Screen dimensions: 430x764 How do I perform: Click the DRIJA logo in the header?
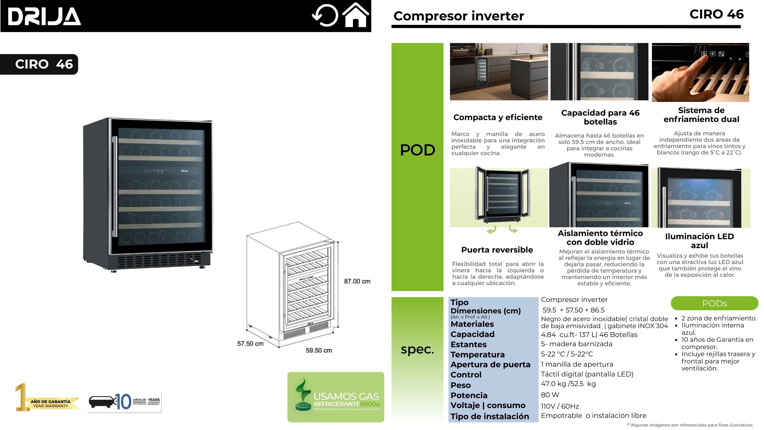click(x=44, y=17)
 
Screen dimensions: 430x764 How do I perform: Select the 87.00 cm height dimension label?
click(x=357, y=281)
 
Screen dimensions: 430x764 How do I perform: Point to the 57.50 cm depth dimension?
click(x=250, y=344)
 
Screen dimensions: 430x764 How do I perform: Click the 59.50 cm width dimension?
click(x=319, y=350)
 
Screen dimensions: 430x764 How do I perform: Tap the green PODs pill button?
click(x=714, y=303)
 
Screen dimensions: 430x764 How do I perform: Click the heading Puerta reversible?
click(x=497, y=250)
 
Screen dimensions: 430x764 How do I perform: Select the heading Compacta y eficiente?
click(x=498, y=117)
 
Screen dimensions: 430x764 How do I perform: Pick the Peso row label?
click(x=460, y=385)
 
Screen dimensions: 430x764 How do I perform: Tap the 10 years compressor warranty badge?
click(x=124, y=402)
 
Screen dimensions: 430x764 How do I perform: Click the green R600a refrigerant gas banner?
click(x=336, y=397)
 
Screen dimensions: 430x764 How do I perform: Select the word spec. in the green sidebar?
click(x=417, y=349)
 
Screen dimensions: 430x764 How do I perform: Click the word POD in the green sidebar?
click(x=417, y=150)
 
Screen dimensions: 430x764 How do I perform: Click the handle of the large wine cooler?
click(x=114, y=186)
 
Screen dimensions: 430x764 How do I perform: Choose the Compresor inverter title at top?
click(x=458, y=16)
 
